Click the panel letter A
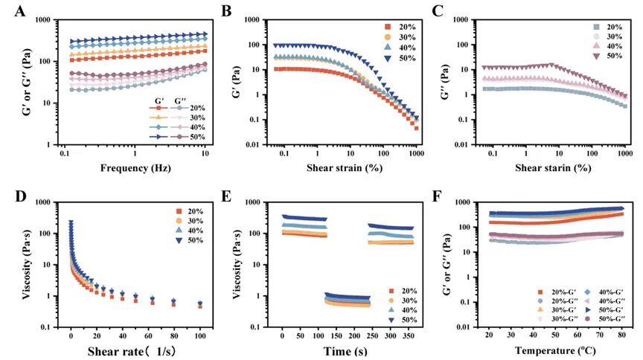pos(16,11)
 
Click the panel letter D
pos(16,196)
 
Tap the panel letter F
pos(440,196)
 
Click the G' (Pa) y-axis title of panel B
pos(232,82)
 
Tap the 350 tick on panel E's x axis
pos(408,336)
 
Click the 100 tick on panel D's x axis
pos(200,336)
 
